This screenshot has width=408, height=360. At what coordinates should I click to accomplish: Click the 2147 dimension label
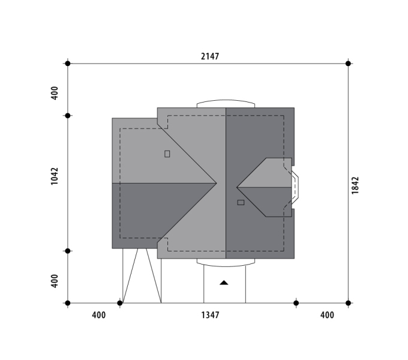[x=210, y=56]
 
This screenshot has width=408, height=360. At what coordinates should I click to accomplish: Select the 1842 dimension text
[x=355, y=185]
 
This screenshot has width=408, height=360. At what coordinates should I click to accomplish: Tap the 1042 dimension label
[x=55, y=176]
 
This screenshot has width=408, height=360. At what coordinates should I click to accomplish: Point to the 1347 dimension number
[x=210, y=315]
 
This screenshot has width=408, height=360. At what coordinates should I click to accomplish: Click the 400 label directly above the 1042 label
[x=55, y=93]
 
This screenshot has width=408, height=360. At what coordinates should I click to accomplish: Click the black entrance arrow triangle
[x=224, y=283]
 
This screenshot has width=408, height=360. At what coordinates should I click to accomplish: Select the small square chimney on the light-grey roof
[x=167, y=154]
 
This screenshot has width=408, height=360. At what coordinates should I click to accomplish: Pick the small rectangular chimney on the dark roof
[x=241, y=202]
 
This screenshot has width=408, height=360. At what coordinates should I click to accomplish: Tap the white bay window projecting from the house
[x=295, y=187]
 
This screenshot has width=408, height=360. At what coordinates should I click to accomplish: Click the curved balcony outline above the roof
[x=226, y=100]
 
